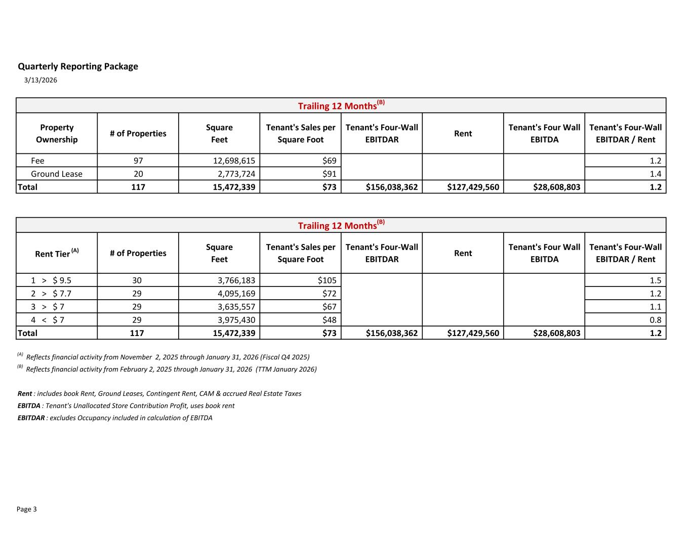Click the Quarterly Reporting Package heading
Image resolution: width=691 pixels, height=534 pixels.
pos(78,66)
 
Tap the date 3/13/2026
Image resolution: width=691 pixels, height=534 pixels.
pos(40,80)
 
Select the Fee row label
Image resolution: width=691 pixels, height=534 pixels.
pos(37,160)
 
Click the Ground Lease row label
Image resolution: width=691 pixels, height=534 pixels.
pos(56,174)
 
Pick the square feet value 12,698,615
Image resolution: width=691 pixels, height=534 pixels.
pos(234,160)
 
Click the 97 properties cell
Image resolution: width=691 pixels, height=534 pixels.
pos(138,160)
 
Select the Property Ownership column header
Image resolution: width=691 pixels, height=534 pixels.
pos(57,134)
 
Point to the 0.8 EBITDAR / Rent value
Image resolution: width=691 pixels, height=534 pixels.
pos(656,320)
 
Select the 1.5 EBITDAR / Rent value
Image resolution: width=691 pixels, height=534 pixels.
pos(656,280)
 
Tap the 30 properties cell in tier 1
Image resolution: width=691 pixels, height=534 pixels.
pos(138,280)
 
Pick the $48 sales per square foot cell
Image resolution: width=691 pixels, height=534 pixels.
pos(329,320)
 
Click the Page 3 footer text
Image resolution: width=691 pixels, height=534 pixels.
pos(27,509)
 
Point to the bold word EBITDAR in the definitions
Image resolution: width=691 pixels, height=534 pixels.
pos(31,418)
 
